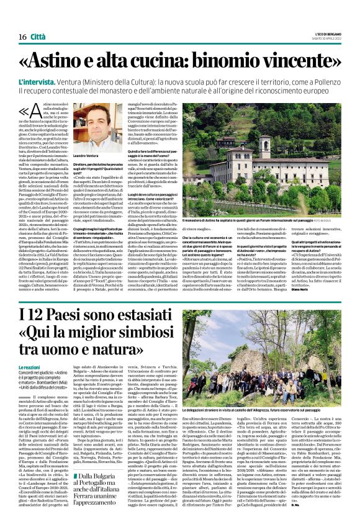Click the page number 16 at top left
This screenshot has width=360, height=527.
(x=22, y=37)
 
